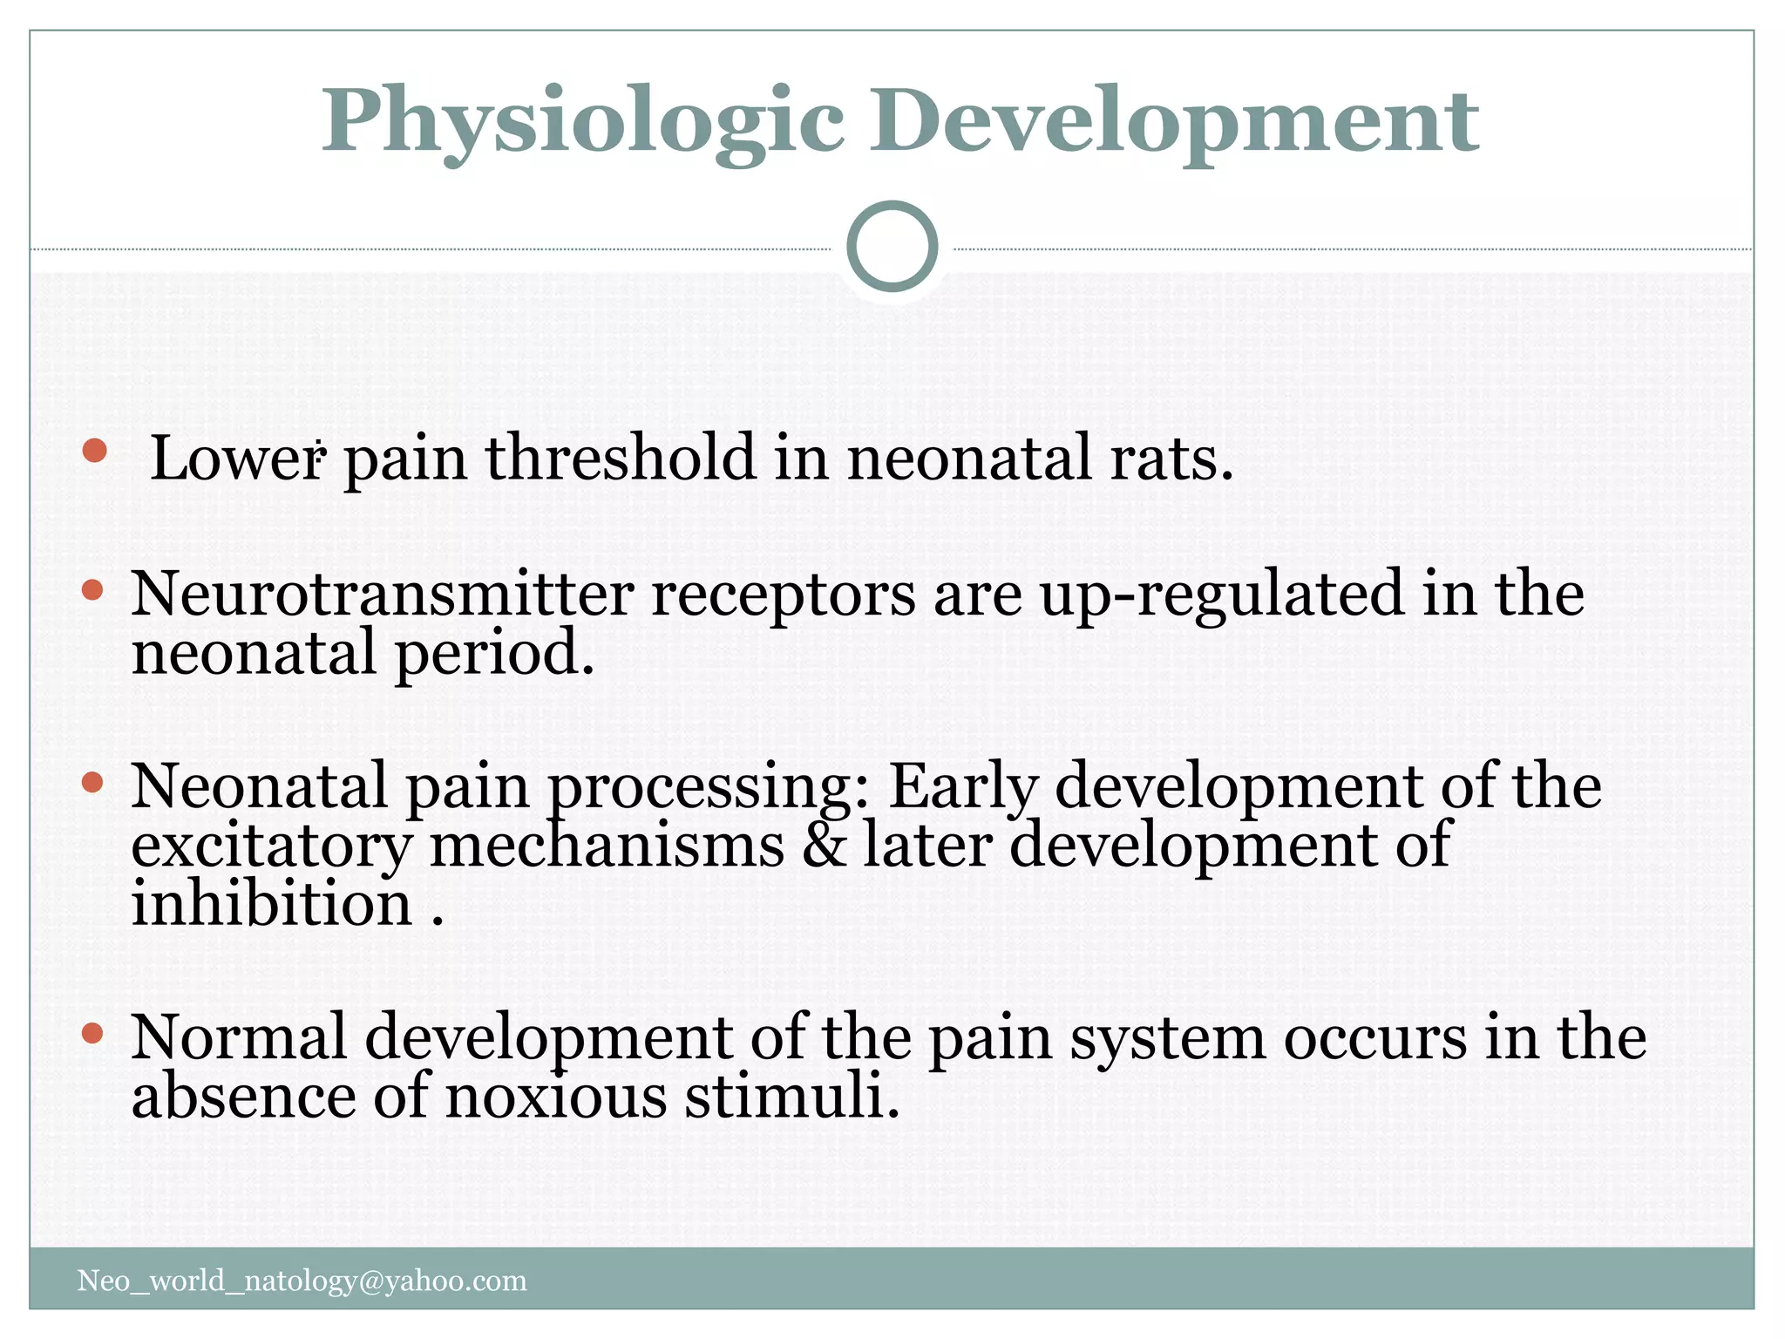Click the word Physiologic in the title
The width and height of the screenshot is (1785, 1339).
(x=582, y=122)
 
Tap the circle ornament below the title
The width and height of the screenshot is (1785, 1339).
(x=892, y=246)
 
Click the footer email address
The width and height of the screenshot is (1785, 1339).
(x=302, y=1281)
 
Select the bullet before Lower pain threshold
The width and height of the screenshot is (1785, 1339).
(x=94, y=451)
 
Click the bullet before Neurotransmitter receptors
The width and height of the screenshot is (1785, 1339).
(x=92, y=591)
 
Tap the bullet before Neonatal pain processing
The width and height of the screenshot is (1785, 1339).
(x=92, y=782)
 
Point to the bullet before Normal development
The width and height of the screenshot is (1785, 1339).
(x=92, y=1034)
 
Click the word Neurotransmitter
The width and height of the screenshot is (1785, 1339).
(x=382, y=595)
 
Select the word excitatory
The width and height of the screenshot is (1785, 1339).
(x=271, y=847)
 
